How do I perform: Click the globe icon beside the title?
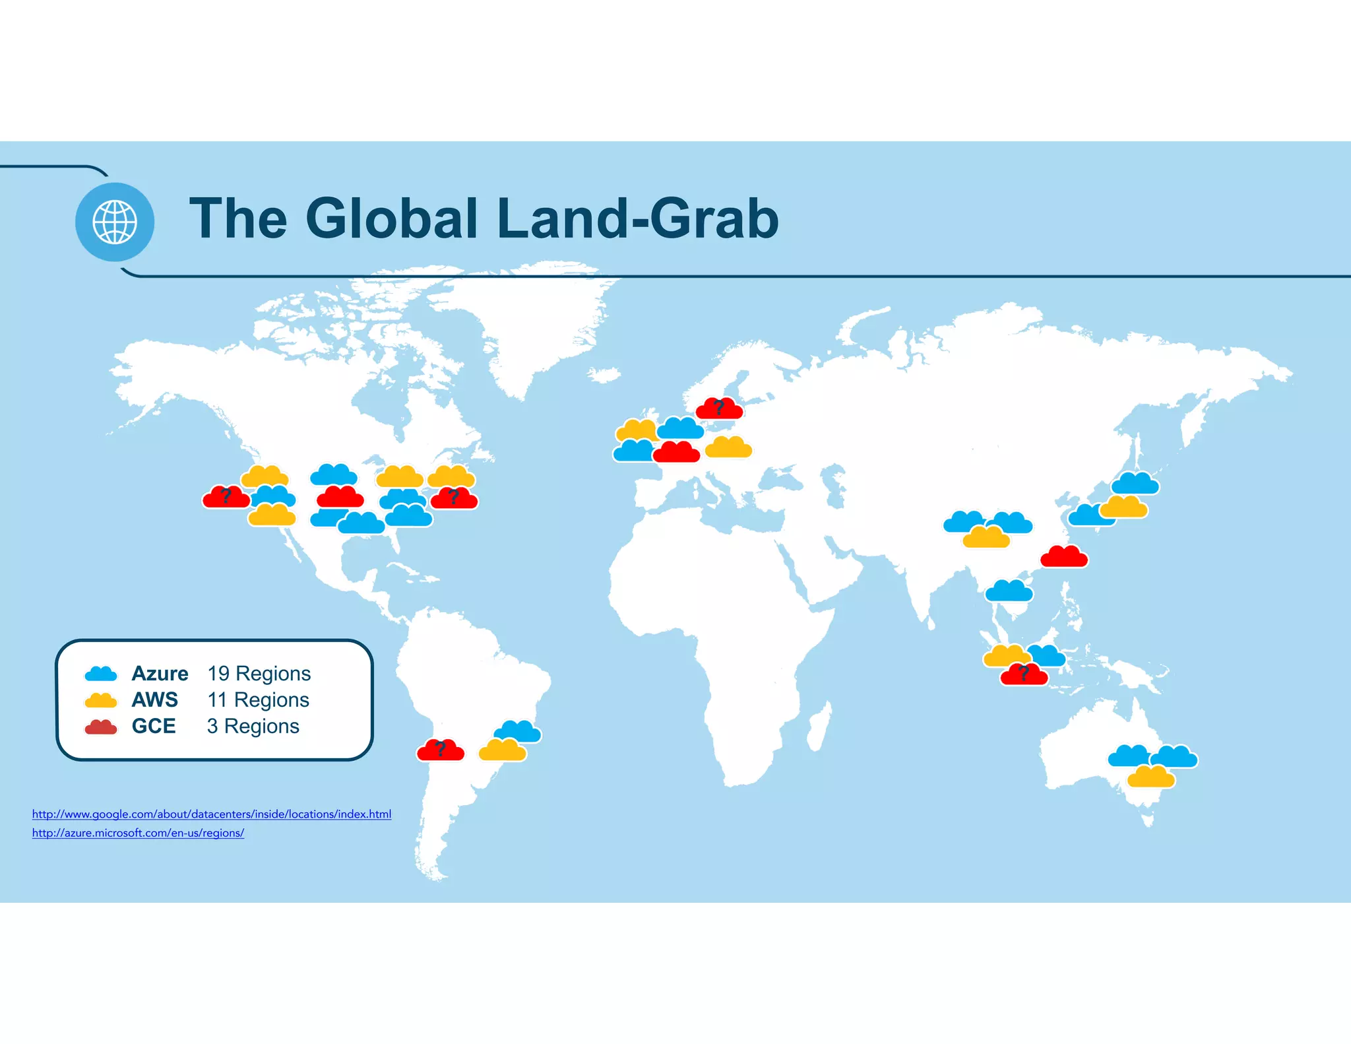pos(115,222)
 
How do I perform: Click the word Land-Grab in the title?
pos(639,219)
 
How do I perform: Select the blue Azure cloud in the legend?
pos(101,674)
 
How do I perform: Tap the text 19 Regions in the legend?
pos(259,674)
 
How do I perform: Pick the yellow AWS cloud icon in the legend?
pos(101,700)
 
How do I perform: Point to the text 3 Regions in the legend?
pos(253,727)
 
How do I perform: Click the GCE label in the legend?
pos(154,727)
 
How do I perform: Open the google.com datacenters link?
pos(212,814)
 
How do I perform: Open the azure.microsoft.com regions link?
pos(138,833)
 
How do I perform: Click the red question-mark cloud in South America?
pos(441,751)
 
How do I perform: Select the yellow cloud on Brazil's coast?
pos(503,751)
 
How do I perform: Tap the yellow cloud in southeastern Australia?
pos(1151,777)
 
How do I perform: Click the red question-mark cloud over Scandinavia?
pos(720,409)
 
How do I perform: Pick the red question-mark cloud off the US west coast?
pos(226,498)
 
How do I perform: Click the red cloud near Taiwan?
pos(1064,558)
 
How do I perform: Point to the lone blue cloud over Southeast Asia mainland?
pos(1009,591)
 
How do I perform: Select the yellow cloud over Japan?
pos(1124,507)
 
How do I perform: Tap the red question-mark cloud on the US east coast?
pos(455,499)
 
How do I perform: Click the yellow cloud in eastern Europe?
pos(729,448)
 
